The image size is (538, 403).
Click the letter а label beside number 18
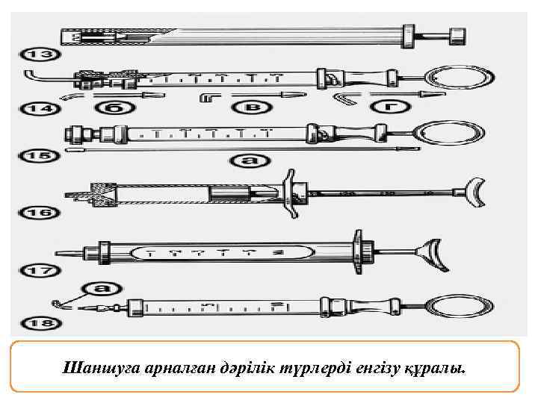(99, 289)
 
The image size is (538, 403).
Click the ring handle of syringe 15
(442, 133)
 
